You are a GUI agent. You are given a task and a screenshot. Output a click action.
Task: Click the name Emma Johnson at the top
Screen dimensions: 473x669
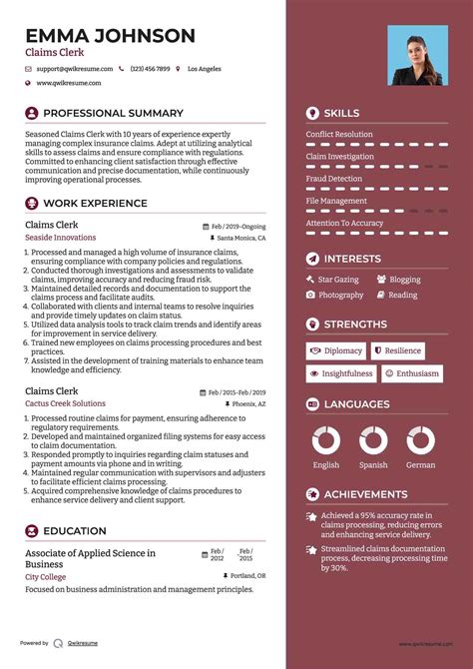(110, 36)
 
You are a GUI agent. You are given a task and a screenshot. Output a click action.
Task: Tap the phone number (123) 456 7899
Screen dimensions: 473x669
(150, 69)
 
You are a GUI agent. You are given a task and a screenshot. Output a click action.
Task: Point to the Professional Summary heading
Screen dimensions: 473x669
(113, 114)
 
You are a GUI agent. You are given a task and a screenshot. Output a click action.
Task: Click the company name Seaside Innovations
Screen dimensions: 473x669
(61, 238)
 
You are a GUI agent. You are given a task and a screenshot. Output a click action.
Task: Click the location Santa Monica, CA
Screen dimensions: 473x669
(240, 239)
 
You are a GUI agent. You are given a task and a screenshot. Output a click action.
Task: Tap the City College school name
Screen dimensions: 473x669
(46, 577)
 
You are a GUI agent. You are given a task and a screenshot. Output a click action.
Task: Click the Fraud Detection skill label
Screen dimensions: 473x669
(334, 179)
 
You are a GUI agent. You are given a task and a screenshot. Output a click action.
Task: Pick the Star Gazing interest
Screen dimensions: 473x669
(337, 280)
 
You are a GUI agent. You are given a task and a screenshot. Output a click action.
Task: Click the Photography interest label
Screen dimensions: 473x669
(340, 296)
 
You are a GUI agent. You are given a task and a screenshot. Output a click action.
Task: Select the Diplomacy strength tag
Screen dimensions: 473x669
(336, 350)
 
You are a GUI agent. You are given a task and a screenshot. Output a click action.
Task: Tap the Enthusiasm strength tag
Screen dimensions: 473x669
(412, 373)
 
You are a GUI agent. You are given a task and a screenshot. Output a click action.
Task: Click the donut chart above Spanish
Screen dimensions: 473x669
(373, 440)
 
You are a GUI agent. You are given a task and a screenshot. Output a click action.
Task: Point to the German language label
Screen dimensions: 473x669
(420, 465)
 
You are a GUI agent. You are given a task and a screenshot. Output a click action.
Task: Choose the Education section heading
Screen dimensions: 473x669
(75, 531)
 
